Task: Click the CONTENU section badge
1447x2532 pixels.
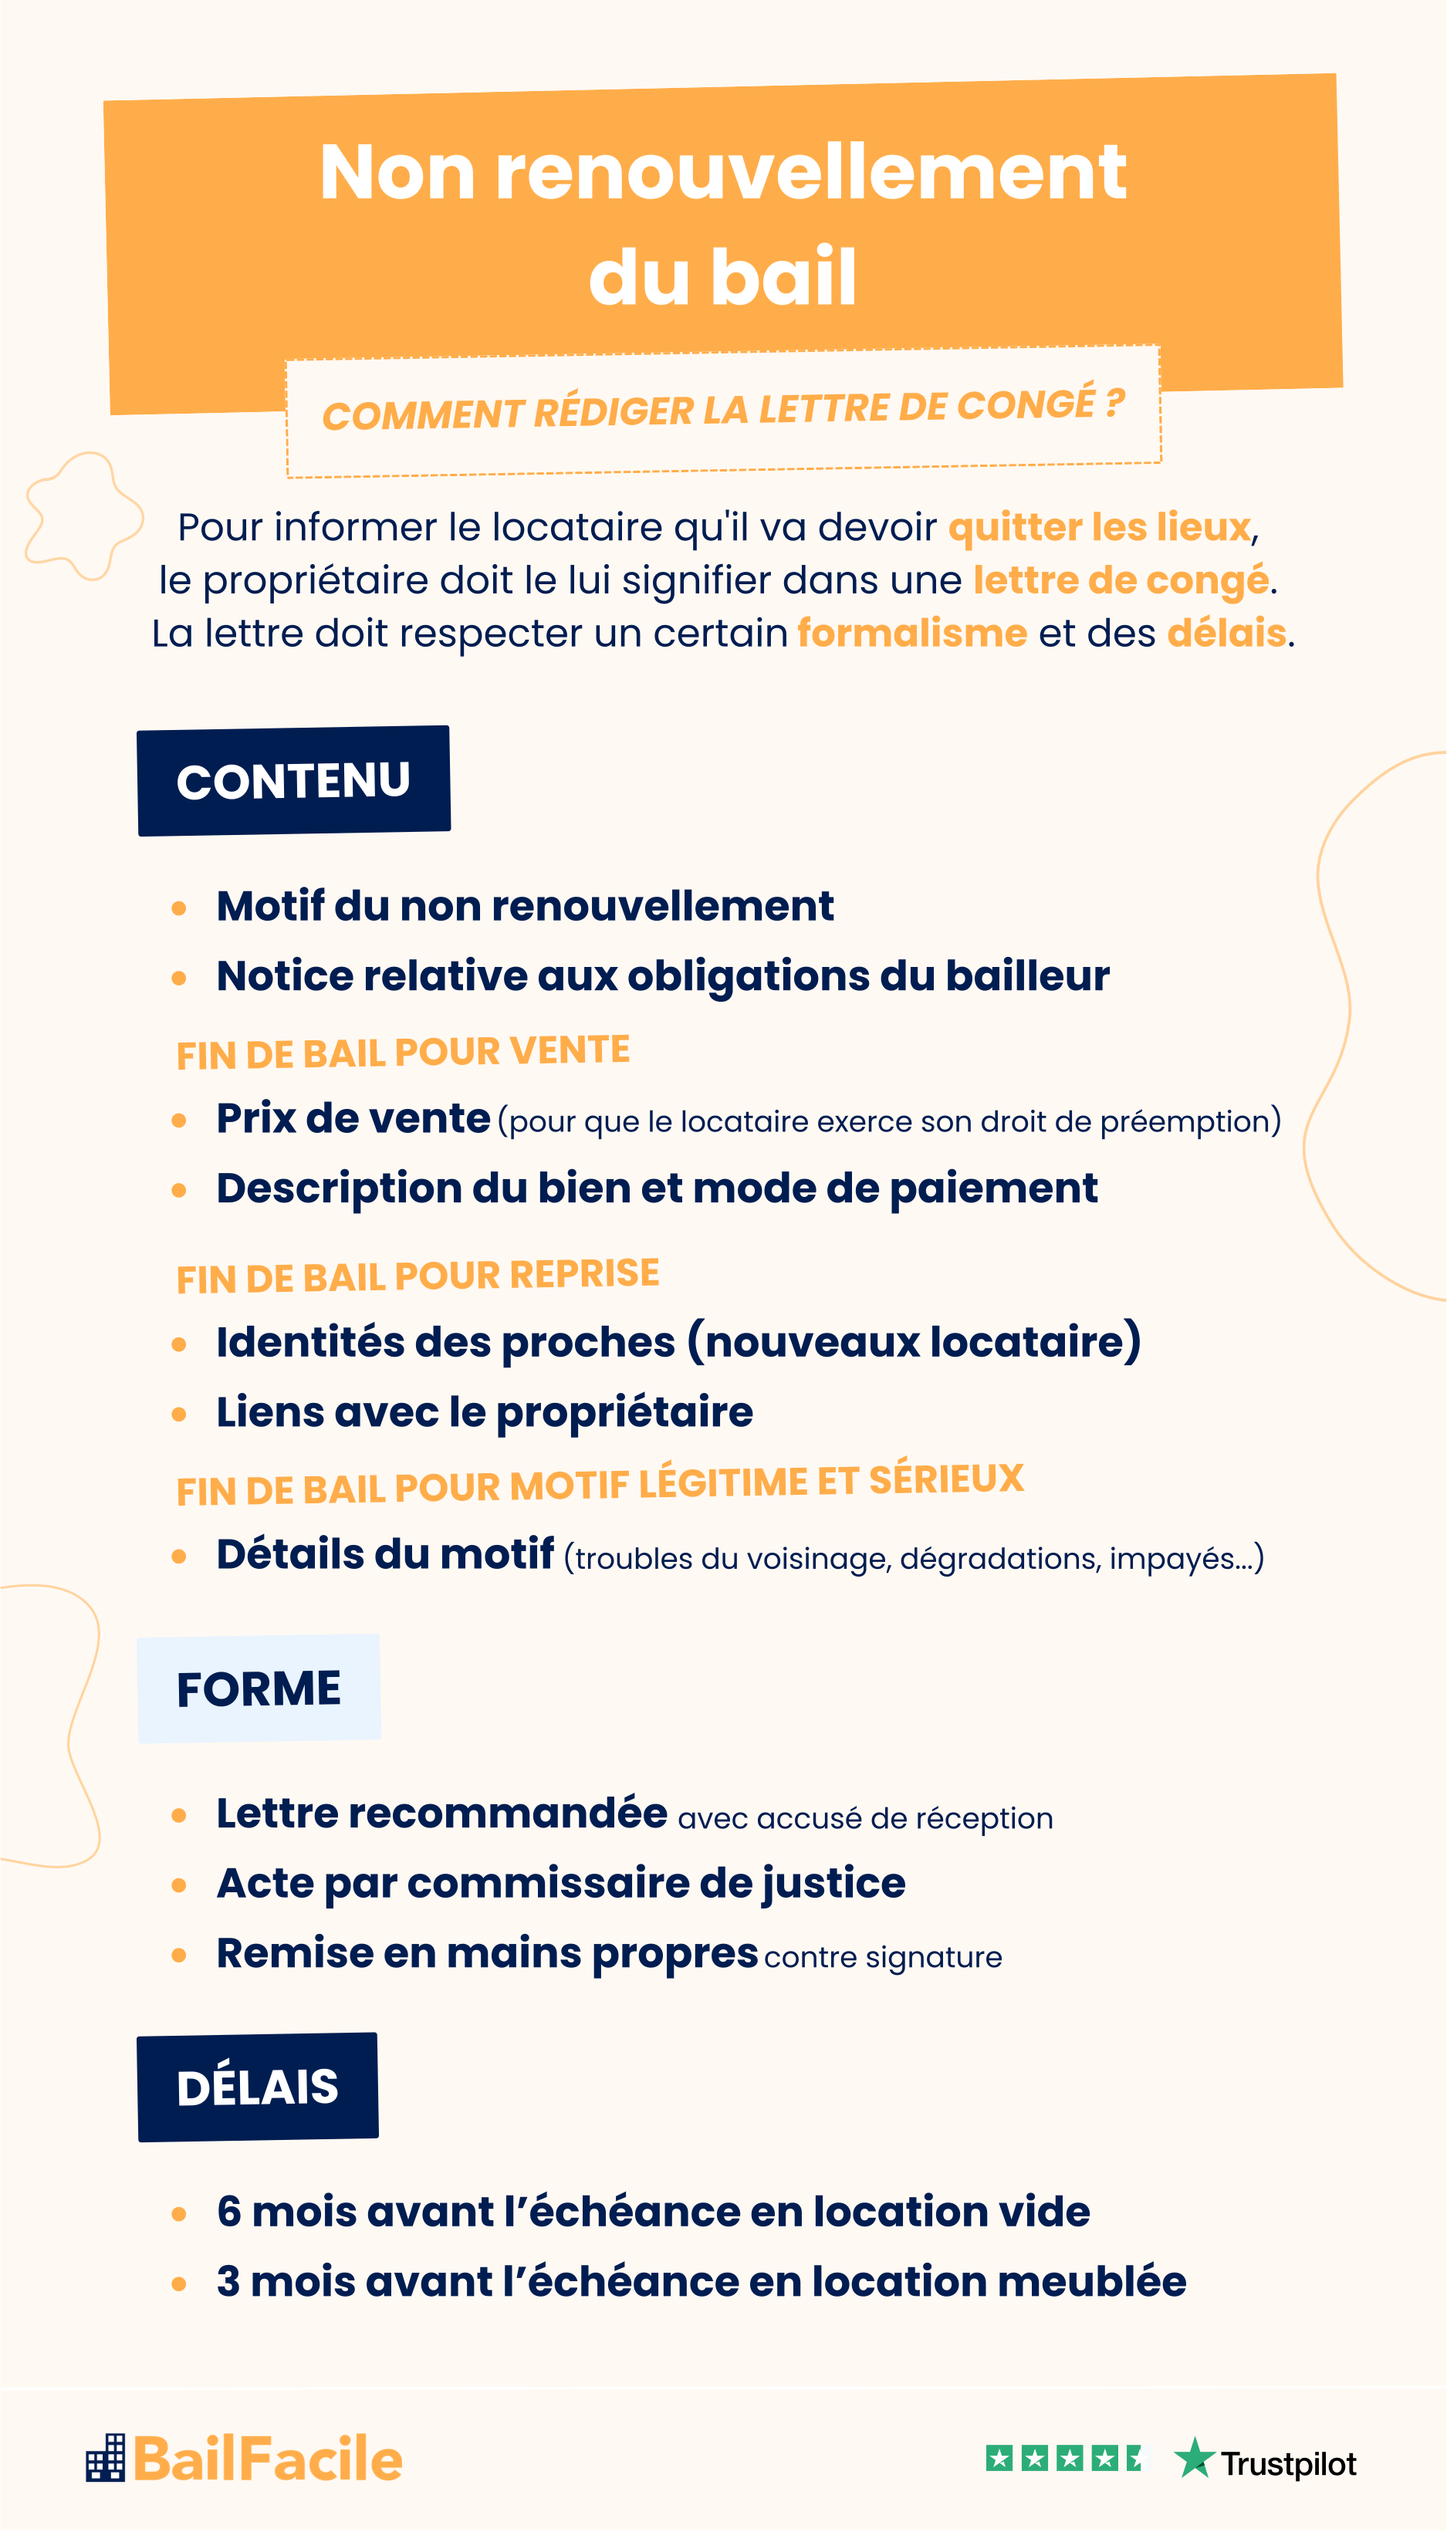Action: [293, 781]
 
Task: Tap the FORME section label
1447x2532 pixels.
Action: [259, 1689]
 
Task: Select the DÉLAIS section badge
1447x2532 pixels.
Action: [258, 2087]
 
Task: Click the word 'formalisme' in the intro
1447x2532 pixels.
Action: [911, 633]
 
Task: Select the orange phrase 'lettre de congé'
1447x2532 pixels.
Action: [1120, 580]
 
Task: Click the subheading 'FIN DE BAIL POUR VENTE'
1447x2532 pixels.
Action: [403, 1053]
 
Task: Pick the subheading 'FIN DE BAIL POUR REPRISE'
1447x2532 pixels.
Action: [418, 1276]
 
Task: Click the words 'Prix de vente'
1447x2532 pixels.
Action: [353, 1119]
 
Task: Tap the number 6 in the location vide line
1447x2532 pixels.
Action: [229, 2212]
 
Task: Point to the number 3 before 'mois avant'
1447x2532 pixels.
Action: [228, 2282]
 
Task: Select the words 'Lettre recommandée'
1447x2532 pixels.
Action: [442, 1814]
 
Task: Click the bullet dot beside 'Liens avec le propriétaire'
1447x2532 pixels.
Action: [179, 1414]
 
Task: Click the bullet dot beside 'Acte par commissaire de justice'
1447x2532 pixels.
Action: [179, 1885]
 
